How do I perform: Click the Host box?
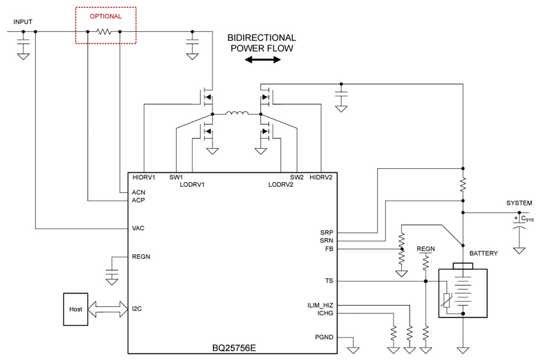[x=76, y=309]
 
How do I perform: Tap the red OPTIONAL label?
[x=105, y=16]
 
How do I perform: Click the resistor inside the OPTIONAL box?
[x=104, y=32]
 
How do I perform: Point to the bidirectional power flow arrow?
[x=263, y=60]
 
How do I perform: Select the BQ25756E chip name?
[x=233, y=348]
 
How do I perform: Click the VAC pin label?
[x=138, y=229]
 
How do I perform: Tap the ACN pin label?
[x=139, y=192]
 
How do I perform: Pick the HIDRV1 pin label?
[x=144, y=177]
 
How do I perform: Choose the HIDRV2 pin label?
[x=321, y=177]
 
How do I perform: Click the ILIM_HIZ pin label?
[x=320, y=305]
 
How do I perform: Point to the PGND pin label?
[x=324, y=337]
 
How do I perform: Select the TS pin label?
[x=329, y=281]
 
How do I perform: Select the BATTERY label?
[x=483, y=253]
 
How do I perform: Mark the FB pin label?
[x=329, y=249]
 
